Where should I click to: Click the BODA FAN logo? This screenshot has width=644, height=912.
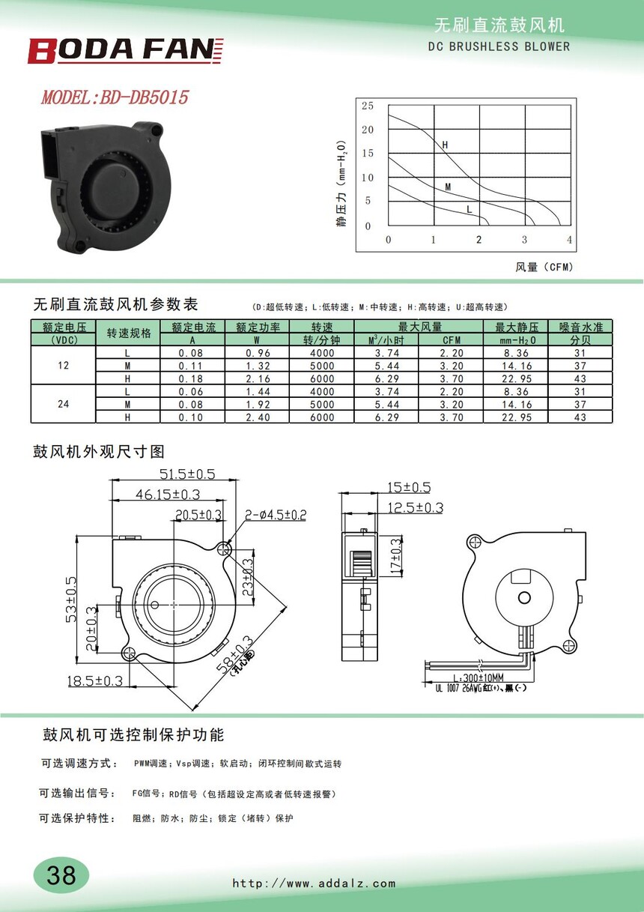point(125,50)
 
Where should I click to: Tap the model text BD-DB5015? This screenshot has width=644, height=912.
point(144,97)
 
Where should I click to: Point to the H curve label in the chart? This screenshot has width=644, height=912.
point(445,145)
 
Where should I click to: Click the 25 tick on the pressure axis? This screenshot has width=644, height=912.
point(368,106)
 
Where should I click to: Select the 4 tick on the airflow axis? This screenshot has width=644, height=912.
point(569,240)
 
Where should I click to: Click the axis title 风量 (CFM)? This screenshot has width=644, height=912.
point(544,267)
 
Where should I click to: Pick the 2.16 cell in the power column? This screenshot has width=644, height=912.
point(258,378)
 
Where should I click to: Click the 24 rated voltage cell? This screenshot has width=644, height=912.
point(63,404)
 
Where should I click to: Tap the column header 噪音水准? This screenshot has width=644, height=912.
point(580,327)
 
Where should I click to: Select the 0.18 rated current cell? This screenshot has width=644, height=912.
point(190,378)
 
